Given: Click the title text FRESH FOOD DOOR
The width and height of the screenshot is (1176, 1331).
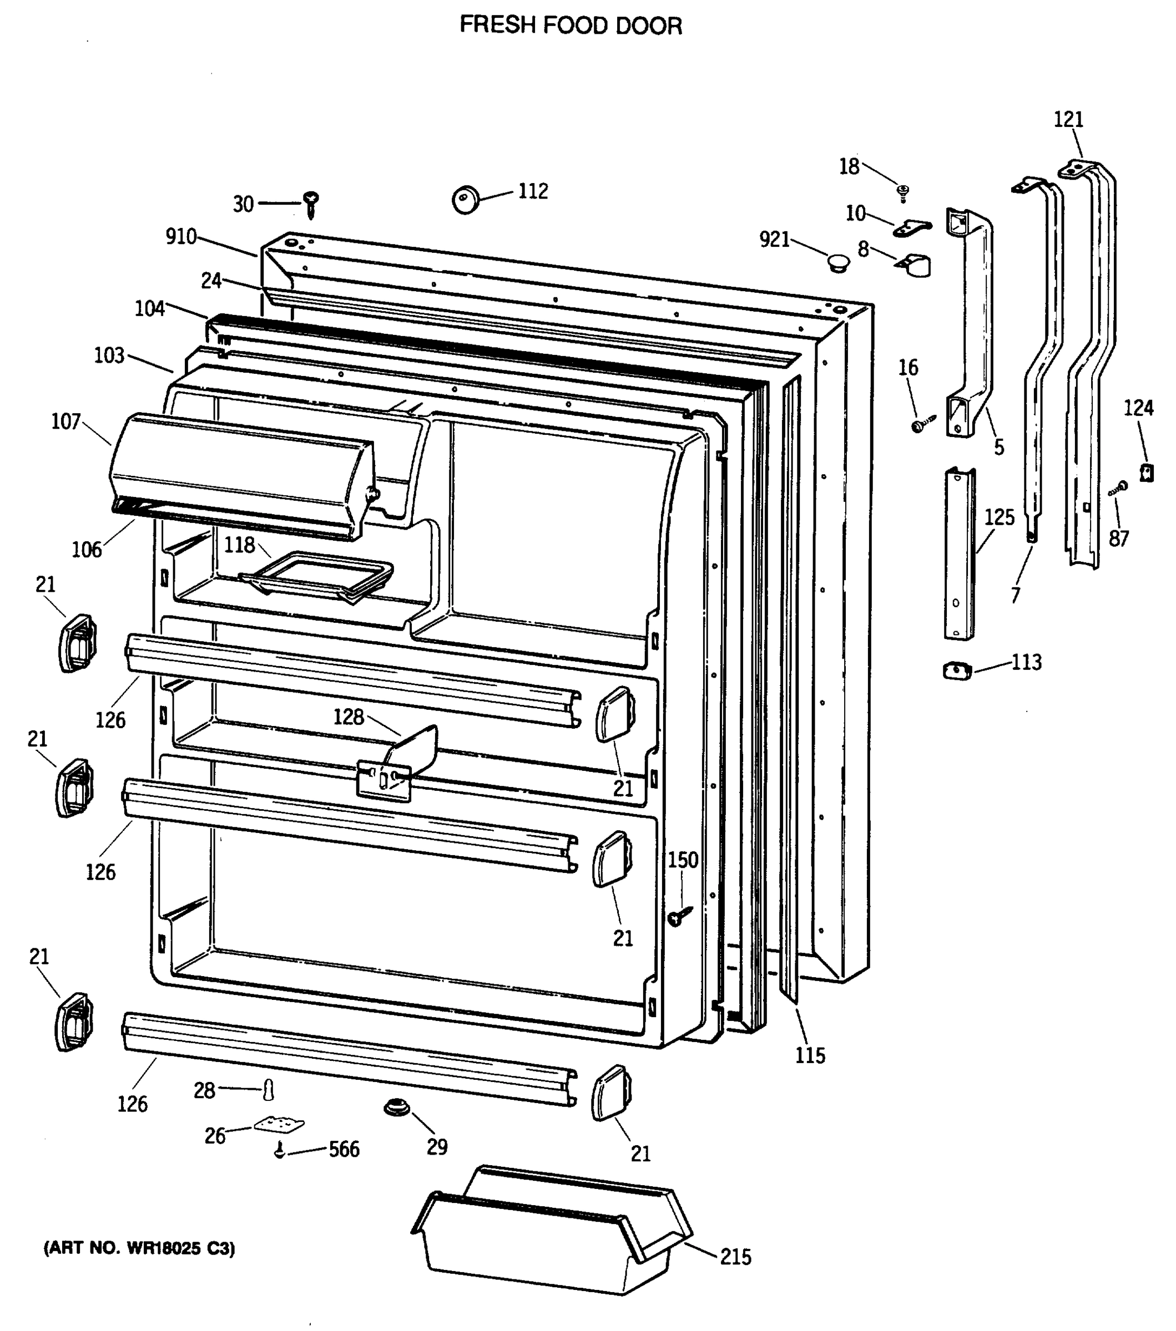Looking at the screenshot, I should (x=571, y=26).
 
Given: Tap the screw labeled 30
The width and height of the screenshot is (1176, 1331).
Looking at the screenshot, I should (x=311, y=204).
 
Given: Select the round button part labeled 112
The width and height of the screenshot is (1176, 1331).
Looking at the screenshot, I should (x=466, y=199).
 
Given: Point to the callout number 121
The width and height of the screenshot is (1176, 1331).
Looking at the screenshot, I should (x=1068, y=120).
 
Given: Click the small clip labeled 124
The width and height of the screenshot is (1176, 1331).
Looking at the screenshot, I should (x=1146, y=471).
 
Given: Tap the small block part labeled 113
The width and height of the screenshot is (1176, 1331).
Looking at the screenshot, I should (x=957, y=670).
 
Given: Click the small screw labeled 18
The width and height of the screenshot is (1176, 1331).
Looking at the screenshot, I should (x=903, y=191).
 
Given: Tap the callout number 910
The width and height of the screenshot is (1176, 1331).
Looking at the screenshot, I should (x=180, y=237).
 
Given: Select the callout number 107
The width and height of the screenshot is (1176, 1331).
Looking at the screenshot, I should (x=66, y=422).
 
